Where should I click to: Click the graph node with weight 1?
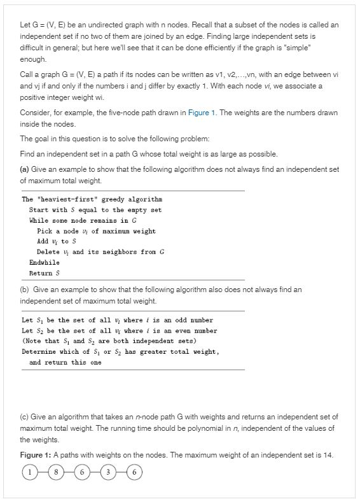tap(29, 472)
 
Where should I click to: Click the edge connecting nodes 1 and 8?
tap(43, 472)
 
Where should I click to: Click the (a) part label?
tap(25, 169)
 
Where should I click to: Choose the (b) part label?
tap(25, 290)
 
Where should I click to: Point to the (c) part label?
tap(25, 417)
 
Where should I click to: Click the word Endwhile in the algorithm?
tap(45, 262)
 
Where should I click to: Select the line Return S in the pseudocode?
tap(45, 273)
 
